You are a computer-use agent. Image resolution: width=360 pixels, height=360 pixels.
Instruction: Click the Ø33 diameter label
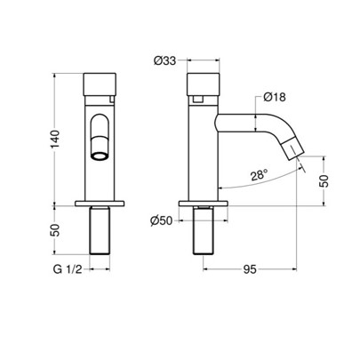point(164,60)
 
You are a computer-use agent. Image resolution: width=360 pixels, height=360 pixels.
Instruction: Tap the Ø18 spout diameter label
point(275,97)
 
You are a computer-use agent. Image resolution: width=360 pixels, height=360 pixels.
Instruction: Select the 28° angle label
point(260,175)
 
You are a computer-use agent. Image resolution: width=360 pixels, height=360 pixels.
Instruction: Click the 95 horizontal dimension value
point(250,269)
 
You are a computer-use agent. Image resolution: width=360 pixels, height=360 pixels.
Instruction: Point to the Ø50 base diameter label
point(161,220)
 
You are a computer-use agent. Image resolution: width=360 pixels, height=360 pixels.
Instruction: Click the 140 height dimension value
point(56,139)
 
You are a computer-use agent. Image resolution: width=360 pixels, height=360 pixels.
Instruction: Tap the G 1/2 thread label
point(68,269)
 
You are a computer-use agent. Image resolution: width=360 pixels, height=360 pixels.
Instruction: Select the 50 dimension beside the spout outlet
point(324,180)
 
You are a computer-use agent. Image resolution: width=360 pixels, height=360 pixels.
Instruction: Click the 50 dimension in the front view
point(56,230)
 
